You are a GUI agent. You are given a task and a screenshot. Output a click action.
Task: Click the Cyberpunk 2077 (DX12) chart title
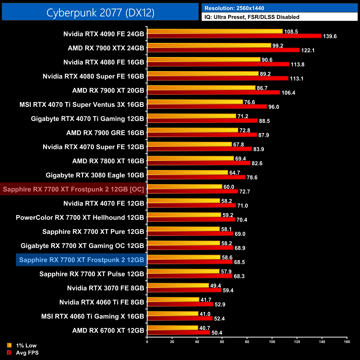100,12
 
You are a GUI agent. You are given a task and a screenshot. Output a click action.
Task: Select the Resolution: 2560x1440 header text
234,8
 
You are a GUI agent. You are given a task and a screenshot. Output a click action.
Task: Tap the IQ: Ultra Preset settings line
252,17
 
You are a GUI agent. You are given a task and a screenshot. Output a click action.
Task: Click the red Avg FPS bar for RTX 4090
234,36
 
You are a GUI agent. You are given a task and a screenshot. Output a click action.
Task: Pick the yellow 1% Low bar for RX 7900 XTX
209,45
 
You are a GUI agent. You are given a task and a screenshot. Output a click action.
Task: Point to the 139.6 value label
330,36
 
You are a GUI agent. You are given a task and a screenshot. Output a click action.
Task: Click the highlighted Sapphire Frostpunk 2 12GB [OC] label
73,189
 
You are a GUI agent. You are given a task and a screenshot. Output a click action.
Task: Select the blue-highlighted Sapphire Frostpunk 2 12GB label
81,260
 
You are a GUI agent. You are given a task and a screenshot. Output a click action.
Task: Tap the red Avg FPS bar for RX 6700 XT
179,332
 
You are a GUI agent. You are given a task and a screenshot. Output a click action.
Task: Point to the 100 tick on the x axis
272,342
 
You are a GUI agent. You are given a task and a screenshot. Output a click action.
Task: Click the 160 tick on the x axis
347,342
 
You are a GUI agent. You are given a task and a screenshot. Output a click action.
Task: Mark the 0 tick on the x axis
147,342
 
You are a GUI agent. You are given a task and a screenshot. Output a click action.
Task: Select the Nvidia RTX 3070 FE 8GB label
106,288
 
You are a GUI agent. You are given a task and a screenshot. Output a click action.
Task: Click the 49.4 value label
215,286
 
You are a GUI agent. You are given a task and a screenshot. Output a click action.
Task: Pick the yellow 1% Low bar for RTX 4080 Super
203,74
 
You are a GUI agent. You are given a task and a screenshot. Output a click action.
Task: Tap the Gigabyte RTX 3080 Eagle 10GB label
95,175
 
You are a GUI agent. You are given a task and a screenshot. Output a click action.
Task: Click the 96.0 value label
274,107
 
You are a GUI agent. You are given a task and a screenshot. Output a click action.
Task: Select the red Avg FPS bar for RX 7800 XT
199,163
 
